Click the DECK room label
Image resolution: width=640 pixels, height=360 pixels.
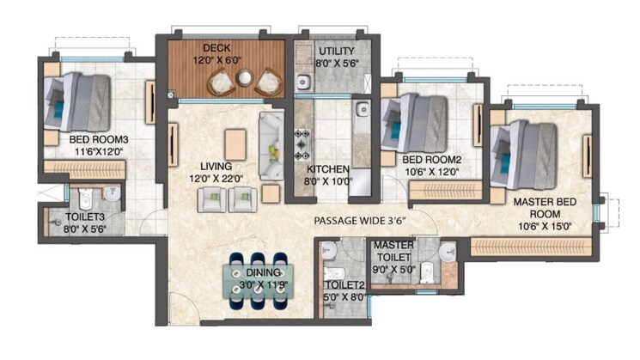click(216, 48)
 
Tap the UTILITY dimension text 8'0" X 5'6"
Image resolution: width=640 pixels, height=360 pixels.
click(337, 64)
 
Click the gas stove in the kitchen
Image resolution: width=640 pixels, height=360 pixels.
click(303, 144)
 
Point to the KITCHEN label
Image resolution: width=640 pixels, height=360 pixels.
click(328, 169)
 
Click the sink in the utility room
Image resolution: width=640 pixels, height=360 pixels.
click(303, 82)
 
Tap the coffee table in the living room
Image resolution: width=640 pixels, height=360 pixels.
click(235, 145)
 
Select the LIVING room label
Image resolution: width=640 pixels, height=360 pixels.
click(216, 167)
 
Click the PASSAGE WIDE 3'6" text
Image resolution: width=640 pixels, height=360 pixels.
click(360, 221)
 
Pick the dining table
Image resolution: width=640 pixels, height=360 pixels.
click(258, 281)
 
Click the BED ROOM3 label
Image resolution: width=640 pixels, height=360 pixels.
click(99, 139)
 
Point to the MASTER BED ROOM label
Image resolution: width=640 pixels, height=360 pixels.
click(545, 208)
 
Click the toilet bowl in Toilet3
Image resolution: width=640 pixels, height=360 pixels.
click(86, 198)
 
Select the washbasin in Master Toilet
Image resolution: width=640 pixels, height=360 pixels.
click(448, 251)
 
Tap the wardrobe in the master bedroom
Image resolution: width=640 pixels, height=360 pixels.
click(531, 247)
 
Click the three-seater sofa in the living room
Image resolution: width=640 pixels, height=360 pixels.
click(271, 146)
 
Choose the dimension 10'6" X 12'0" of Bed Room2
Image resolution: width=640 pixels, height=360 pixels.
click(432, 172)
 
